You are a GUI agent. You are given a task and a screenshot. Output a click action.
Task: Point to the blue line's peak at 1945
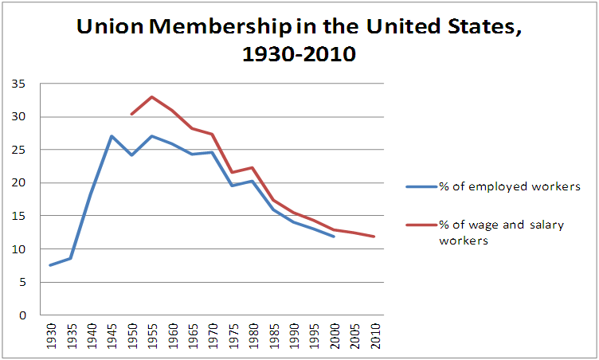(x=112, y=136)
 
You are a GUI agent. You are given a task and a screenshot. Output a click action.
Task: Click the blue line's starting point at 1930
(x=51, y=265)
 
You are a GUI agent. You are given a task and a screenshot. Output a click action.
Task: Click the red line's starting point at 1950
(x=131, y=114)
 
